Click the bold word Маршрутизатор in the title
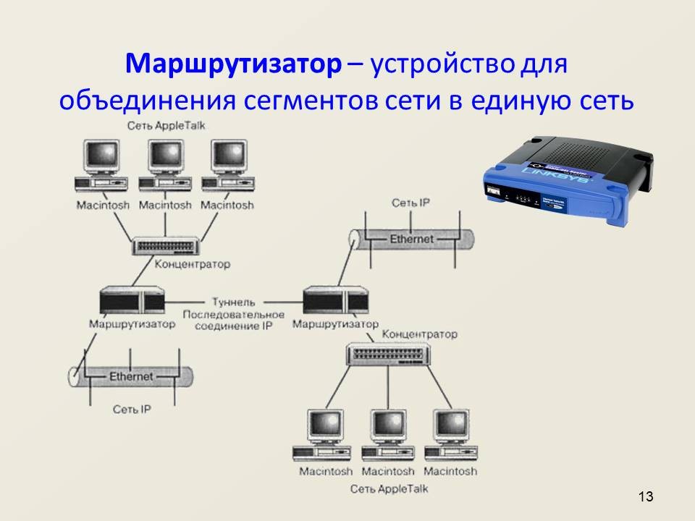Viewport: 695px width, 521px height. pyautogui.click(x=232, y=65)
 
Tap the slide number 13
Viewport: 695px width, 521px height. pyautogui.click(x=646, y=496)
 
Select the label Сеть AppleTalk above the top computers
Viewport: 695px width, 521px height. pyautogui.click(x=166, y=126)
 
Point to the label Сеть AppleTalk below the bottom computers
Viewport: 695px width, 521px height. pyautogui.click(x=389, y=489)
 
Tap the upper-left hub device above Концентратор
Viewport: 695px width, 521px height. pyautogui.click(x=166, y=247)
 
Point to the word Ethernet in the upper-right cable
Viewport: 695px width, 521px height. pyautogui.click(x=412, y=239)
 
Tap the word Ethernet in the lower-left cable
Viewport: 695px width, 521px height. pyautogui.click(x=131, y=376)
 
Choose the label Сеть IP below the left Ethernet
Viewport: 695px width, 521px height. pyautogui.click(x=132, y=410)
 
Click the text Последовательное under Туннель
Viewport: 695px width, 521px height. pyautogui.click(x=233, y=315)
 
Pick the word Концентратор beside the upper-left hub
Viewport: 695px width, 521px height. pyautogui.click(x=192, y=265)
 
